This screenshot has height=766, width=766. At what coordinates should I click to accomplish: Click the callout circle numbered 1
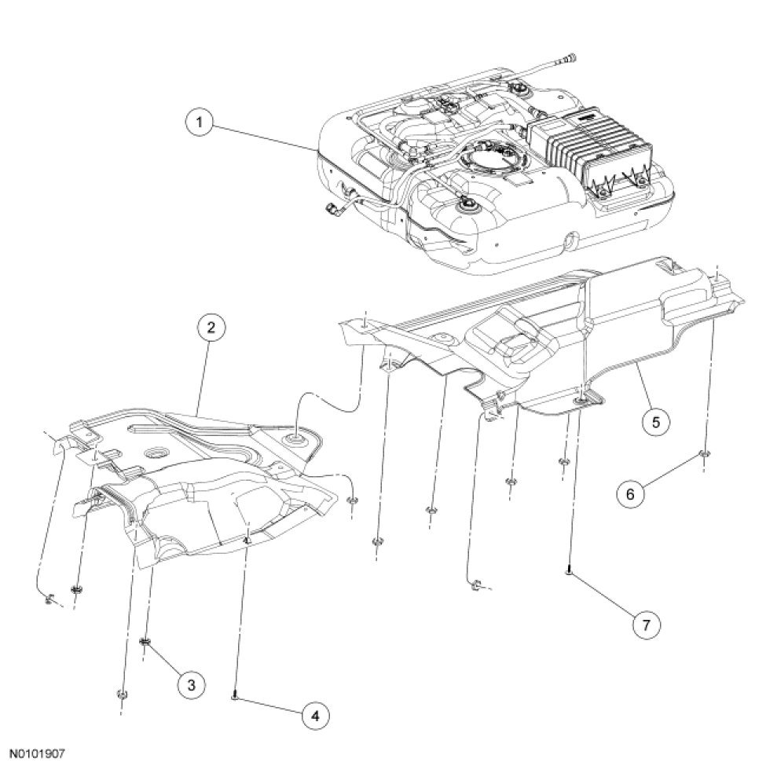pyautogui.click(x=200, y=122)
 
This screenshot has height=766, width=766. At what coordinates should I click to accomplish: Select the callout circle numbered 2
pyautogui.click(x=211, y=328)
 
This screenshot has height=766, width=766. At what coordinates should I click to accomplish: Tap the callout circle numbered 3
pyautogui.click(x=191, y=685)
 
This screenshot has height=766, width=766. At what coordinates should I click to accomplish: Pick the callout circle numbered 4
pyautogui.click(x=314, y=717)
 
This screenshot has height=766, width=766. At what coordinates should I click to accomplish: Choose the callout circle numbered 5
pyautogui.click(x=655, y=422)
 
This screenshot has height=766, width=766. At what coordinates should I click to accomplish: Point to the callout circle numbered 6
pyautogui.click(x=630, y=494)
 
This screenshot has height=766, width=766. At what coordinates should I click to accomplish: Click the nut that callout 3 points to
pyautogui.click(x=145, y=641)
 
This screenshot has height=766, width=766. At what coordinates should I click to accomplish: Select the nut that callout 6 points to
pyautogui.click(x=704, y=454)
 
